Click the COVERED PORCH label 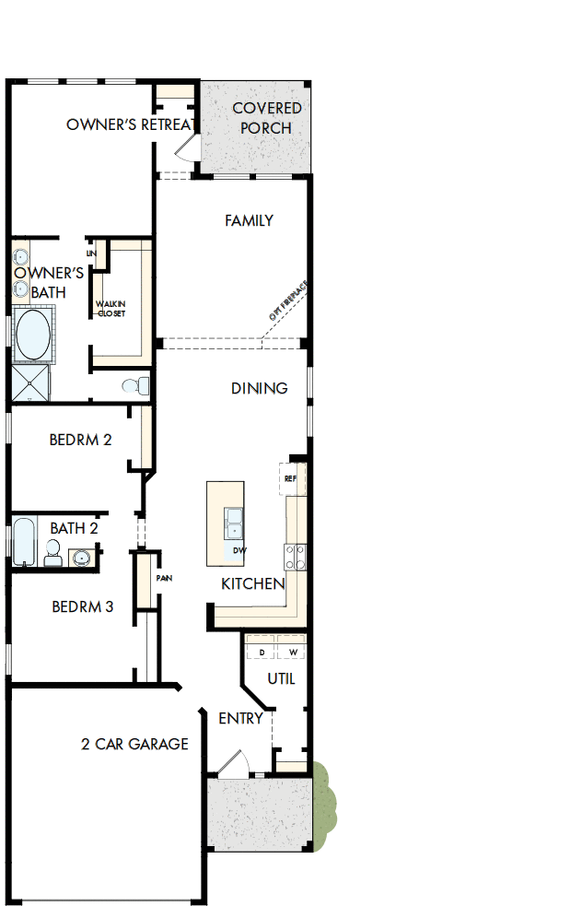[266, 118]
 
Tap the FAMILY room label [249, 220]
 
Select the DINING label [259, 388]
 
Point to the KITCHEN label [252, 583]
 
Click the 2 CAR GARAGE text [134, 744]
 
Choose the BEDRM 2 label [80, 440]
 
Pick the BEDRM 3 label [82, 606]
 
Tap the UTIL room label [281, 678]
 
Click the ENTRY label [240, 718]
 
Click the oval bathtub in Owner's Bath [32, 335]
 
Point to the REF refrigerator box [291, 479]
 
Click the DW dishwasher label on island [239, 550]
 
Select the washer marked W [294, 652]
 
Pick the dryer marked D [262, 652]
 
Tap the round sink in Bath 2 [80, 558]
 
